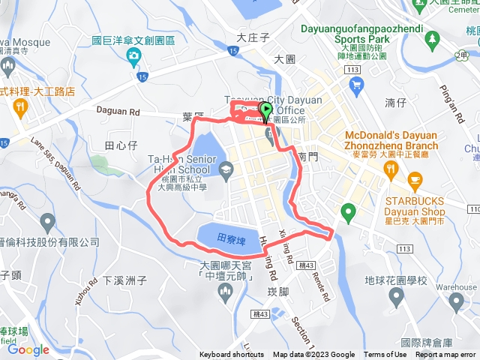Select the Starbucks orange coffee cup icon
414,180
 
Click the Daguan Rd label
119,111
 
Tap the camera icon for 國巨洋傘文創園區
133,55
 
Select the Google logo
28,349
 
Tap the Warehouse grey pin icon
457,301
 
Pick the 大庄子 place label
252,36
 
